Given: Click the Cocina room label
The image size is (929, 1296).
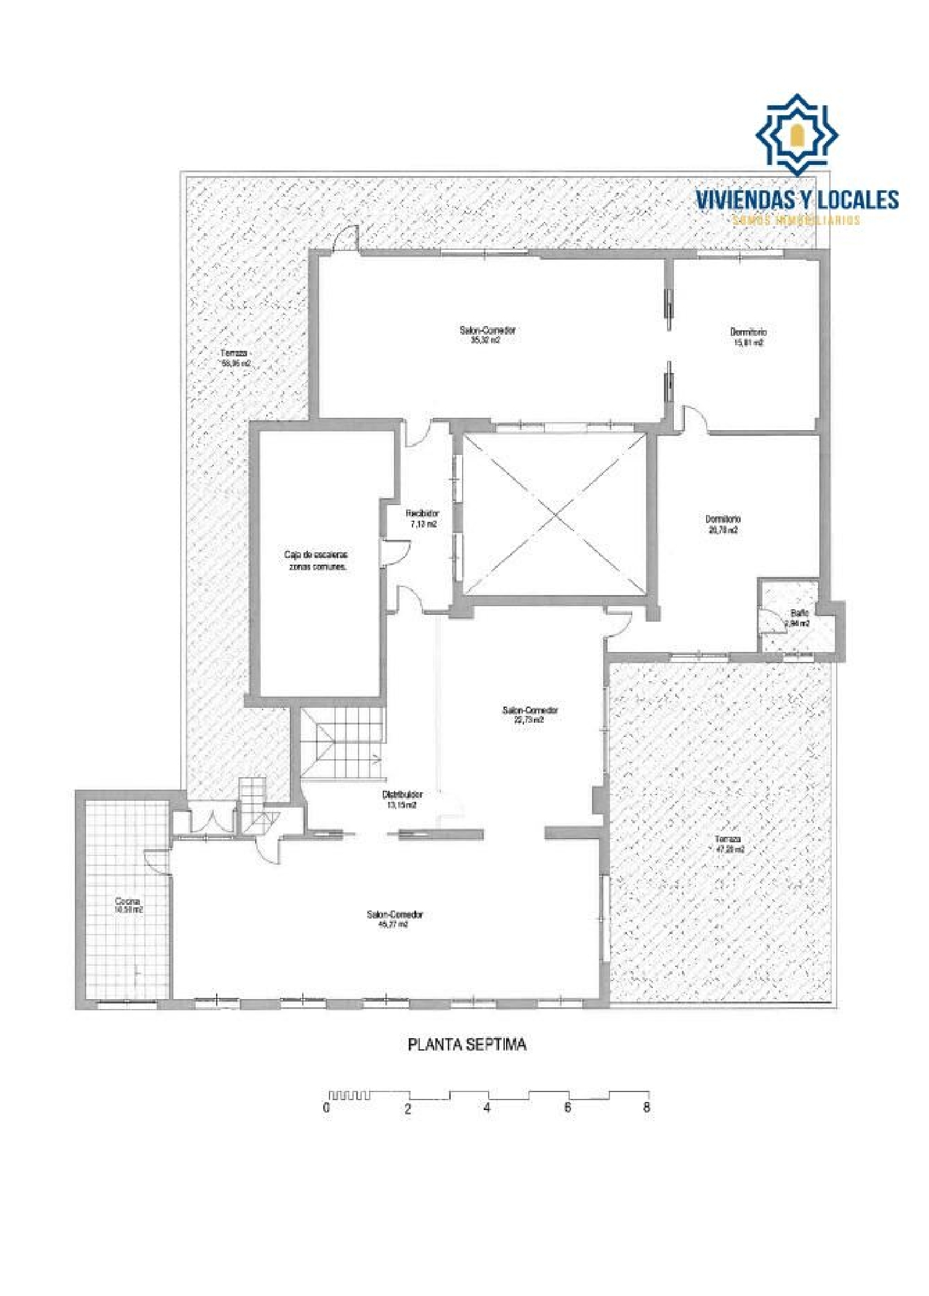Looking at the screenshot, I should (x=128, y=906).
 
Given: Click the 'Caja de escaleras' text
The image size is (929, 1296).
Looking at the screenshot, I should (x=316, y=555).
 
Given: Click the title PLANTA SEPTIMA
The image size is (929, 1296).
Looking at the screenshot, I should (x=467, y=1044).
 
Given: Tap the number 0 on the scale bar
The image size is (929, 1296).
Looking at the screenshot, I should (x=326, y=1108).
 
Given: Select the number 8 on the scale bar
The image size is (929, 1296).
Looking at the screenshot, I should (x=646, y=1107).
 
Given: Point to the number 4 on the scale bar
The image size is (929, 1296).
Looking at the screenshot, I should (x=487, y=1107).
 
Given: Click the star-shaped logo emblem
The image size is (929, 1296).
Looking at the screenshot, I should (x=796, y=134).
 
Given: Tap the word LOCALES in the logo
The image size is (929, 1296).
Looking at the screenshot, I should (x=858, y=200).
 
